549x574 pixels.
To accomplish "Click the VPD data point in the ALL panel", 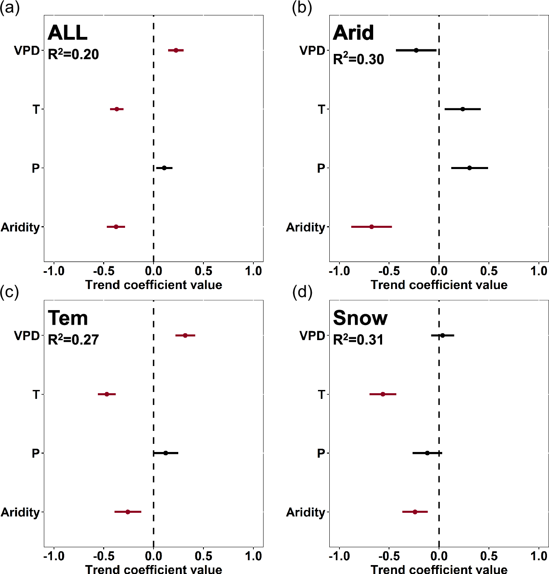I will pos(176,50).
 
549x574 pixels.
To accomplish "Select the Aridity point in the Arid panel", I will pos(372,227).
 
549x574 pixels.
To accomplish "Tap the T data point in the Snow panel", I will pos(383,394).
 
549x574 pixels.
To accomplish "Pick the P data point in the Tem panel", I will pos(165,453).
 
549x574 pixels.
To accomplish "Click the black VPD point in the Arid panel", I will pos(416,50).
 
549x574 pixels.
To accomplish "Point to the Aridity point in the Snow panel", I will pos(415,512).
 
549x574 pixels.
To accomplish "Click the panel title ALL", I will pos(67,33).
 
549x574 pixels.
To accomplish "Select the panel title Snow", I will pos(360,318).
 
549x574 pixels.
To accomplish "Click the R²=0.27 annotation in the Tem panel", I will pos(73,339).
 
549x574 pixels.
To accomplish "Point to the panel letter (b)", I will pos(302,8).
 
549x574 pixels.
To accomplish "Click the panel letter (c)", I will pos(9,292).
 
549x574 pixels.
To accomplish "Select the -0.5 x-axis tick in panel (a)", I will pos(103,271).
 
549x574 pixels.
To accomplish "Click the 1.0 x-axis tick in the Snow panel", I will pos(539,556).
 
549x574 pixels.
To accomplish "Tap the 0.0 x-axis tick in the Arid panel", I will pos(439,271).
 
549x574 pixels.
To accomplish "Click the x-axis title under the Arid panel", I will pos(439,285).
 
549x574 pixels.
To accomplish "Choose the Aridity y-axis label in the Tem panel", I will pos(20,512).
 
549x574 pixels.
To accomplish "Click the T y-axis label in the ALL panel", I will pos(36,109).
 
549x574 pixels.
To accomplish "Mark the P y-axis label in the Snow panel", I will pos(321,453).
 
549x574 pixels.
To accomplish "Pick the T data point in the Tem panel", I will pos(107,394).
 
